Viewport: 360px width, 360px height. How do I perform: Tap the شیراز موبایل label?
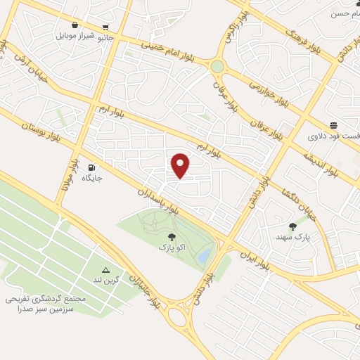(75, 35)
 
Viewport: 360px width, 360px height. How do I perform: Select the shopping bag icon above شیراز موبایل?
(75, 25)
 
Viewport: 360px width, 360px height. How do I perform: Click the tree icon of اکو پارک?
(172, 238)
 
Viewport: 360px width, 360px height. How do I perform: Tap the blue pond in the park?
(203, 255)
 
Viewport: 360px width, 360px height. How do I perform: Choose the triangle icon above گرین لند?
(106, 270)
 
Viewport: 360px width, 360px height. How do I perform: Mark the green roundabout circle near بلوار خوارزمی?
(217, 67)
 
